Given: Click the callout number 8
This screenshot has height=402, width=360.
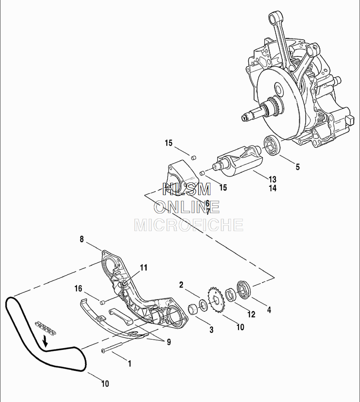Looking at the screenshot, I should coord(82,239).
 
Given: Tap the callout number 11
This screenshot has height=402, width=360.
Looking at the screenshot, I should coord(144,268).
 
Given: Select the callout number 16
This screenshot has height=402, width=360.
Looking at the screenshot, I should coord(78,289).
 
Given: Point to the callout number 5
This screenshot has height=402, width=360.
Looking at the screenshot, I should coord(297,167).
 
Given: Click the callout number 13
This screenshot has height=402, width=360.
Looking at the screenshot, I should coord(272,179).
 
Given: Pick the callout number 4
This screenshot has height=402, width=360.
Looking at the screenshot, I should coord(269,310).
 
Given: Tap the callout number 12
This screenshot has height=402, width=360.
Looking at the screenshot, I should coord(251,314).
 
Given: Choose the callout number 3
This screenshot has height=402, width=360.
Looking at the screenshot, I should coord(211,329).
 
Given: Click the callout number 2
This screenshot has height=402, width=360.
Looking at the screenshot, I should coord(181,285).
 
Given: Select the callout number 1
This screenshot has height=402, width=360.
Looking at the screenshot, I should coord(130,363).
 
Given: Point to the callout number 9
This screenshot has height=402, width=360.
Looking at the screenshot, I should coord(168,342).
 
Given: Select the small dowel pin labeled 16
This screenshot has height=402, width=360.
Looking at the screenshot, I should coord(102,302).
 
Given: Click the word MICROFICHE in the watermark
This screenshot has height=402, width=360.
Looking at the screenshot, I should coord(189,225).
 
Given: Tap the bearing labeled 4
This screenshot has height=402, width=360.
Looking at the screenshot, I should coord(244,289).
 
